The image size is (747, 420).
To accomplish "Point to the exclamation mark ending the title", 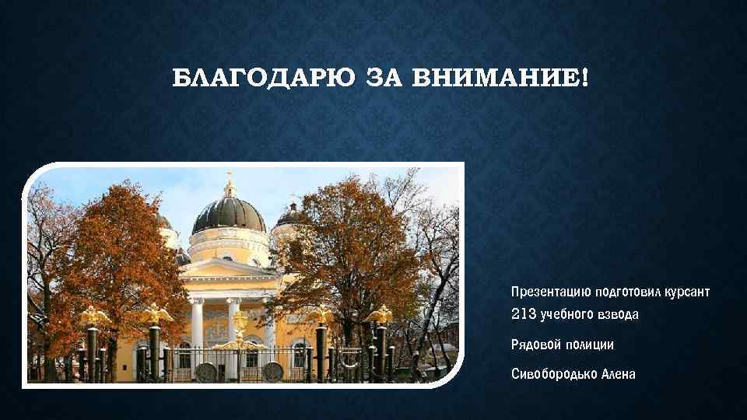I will click(584, 78).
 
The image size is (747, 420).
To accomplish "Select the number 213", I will click(524, 314).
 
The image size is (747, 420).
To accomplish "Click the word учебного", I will click(569, 314).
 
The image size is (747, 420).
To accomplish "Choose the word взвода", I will click(622, 314).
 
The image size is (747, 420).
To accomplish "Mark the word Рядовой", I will click(534, 344).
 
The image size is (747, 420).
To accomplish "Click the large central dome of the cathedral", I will click(229, 215).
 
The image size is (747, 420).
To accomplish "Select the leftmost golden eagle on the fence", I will click(95, 315).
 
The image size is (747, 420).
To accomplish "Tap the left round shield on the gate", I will click(206, 372).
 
